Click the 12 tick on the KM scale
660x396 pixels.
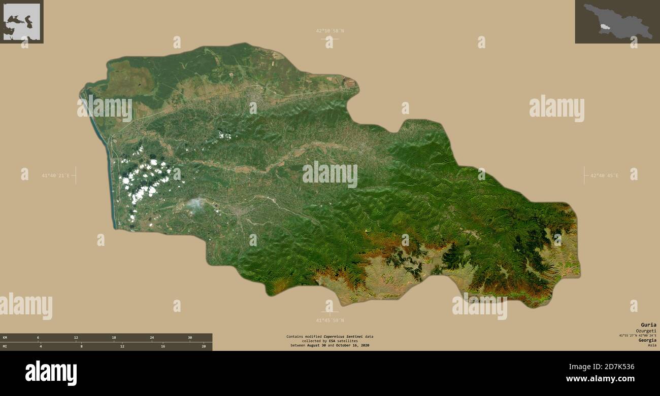(x=76, y=338)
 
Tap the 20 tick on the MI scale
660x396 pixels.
(x=204, y=346)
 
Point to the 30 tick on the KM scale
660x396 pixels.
(x=190, y=338)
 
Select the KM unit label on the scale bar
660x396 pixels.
(x=5, y=338)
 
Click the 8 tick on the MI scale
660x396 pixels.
(x=81, y=346)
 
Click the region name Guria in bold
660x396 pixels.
(x=648, y=325)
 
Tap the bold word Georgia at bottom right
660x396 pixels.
(x=647, y=340)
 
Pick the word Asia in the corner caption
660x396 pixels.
(x=652, y=345)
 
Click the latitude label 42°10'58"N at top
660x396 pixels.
(x=330, y=31)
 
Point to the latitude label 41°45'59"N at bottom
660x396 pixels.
(x=330, y=320)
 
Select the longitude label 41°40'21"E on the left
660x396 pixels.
(x=55, y=176)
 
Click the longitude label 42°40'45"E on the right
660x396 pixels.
(x=604, y=176)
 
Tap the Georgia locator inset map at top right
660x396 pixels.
(x=617, y=21)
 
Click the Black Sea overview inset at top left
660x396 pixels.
(x=21, y=21)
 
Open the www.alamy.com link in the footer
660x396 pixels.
(x=600, y=379)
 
